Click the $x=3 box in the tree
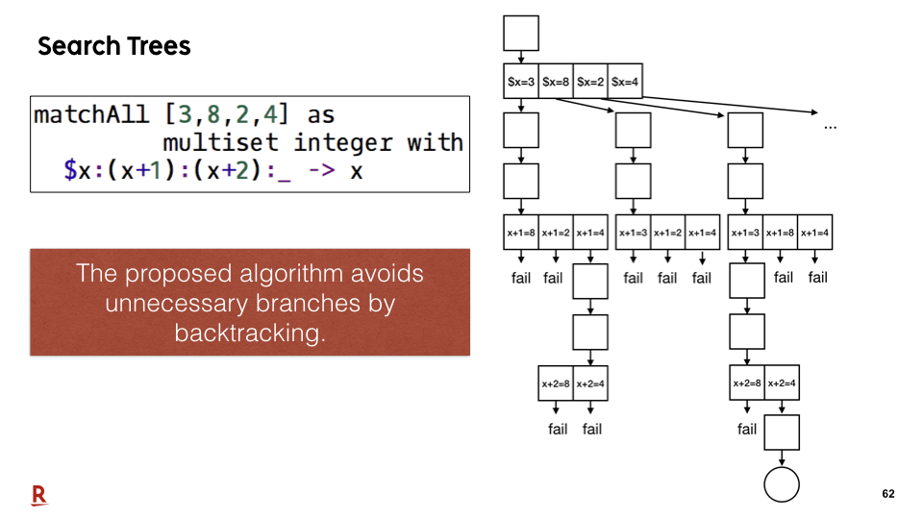(521, 81)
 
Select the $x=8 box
(556, 81)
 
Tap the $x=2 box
(590, 81)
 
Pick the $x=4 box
(625, 81)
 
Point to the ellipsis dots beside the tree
(830, 127)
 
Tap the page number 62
(887, 494)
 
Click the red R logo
(38, 495)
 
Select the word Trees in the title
(159, 46)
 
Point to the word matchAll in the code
(91, 114)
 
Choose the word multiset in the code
(220, 142)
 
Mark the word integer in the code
(343, 143)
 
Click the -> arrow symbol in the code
(321, 171)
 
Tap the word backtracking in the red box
(250, 334)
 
